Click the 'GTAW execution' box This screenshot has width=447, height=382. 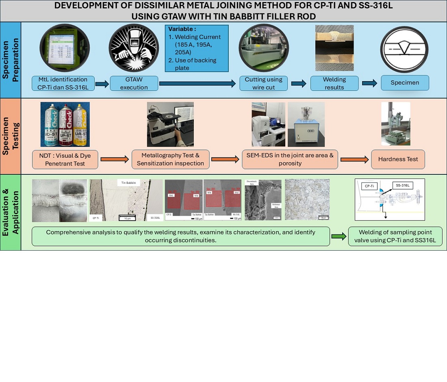pyautogui.click(x=134, y=84)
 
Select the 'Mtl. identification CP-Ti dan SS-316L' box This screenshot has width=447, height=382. pyautogui.click(x=63, y=84)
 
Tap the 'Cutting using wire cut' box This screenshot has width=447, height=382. pyautogui.click(x=263, y=84)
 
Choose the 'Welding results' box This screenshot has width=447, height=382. pyautogui.click(x=334, y=84)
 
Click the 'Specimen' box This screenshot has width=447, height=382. pyautogui.click(x=405, y=83)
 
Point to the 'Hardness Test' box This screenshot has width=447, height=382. pyautogui.click(x=398, y=159)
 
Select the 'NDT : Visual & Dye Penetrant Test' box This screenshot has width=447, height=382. pyautogui.click(x=65, y=159)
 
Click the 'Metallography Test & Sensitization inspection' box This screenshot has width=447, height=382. pyautogui.click(x=170, y=159)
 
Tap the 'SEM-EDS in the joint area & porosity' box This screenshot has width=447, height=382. pyautogui.click(x=290, y=159)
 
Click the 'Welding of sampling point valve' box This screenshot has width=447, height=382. pyautogui.click(x=395, y=236)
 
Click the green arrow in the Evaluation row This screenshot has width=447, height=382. pyautogui.click(x=339, y=236)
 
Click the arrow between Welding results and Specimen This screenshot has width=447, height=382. pyautogui.click(x=369, y=83)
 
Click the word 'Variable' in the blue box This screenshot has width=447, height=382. pyautogui.click(x=182, y=29)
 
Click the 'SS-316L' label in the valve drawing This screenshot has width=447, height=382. pyautogui.click(x=403, y=186)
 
